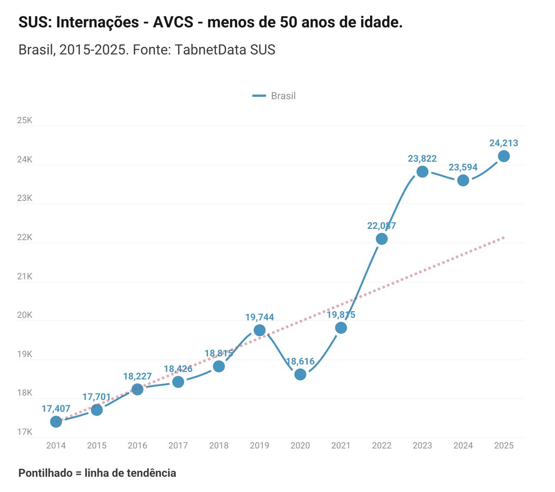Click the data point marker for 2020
pos(300,374)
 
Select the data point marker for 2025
pos(504,156)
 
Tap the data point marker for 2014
pos(56,422)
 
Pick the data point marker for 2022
pos(382,239)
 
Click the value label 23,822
pos(422,158)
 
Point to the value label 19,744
pos(259,317)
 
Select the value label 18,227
pos(137,376)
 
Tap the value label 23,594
pos(463,167)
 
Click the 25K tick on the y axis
pos(25,120)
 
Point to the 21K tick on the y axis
pos(25,277)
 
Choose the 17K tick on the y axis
pos(25,432)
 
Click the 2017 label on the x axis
pos(178,446)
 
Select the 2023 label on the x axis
pos(422,446)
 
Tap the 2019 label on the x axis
pos(259,446)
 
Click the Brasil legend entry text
pos(283,96)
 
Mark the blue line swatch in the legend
pos(259,96)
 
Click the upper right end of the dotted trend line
pos(503,238)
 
